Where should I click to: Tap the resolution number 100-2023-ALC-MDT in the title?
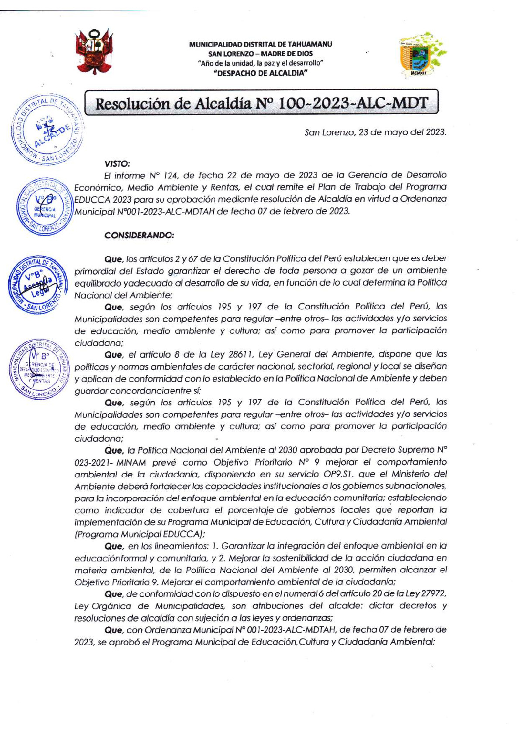point(353,103)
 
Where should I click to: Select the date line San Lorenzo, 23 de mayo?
point(375,133)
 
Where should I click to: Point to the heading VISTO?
point(117,164)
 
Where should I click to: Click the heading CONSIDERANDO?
point(139,235)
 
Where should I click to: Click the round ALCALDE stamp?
point(47,129)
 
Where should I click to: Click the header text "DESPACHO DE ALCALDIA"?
point(260,73)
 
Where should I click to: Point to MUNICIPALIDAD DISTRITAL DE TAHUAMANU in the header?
point(260,44)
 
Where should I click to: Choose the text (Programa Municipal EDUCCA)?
point(140,534)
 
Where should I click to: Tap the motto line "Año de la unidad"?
point(260,63)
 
